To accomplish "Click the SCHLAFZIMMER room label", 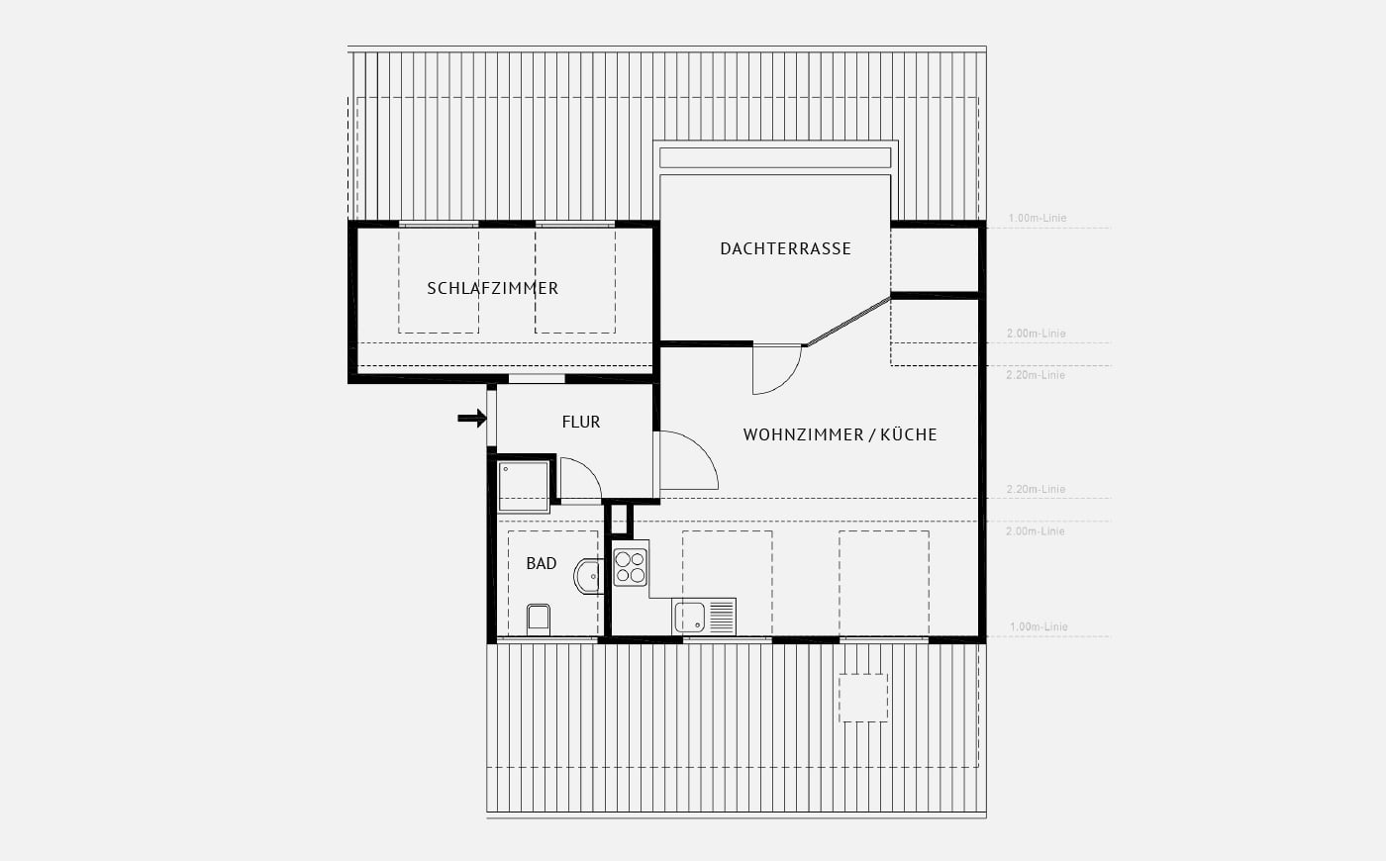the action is pyautogui.click(x=493, y=288).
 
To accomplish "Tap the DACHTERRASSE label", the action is pyautogui.click(x=786, y=248).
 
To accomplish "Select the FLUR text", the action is pyautogui.click(x=581, y=422).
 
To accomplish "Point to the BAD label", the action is pyautogui.click(x=542, y=563).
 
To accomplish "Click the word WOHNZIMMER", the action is pyautogui.click(x=804, y=434).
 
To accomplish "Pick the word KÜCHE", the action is pyautogui.click(x=909, y=434).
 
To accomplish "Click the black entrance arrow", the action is pyautogui.click(x=472, y=419).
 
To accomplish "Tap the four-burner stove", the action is pyautogui.click(x=630, y=567).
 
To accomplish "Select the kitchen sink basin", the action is pyautogui.click(x=689, y=618).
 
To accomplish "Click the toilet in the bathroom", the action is pyautogui.click(x=539, y=620).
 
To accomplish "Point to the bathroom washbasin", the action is pyautogui.click(x=588, y=576).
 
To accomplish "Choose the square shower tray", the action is pyautogui.click(x=524, y=486).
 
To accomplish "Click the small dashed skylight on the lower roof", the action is pyautogui.click(x=863, y=698).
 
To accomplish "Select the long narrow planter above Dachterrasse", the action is pyautogui.click(x=774, y=157).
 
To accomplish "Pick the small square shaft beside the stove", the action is pyautogui.click(x=619, y=520).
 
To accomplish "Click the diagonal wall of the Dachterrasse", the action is pyautogui.click(x=847, y=321).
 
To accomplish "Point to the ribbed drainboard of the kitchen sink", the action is pyautogui.click(x=721, y=618).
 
